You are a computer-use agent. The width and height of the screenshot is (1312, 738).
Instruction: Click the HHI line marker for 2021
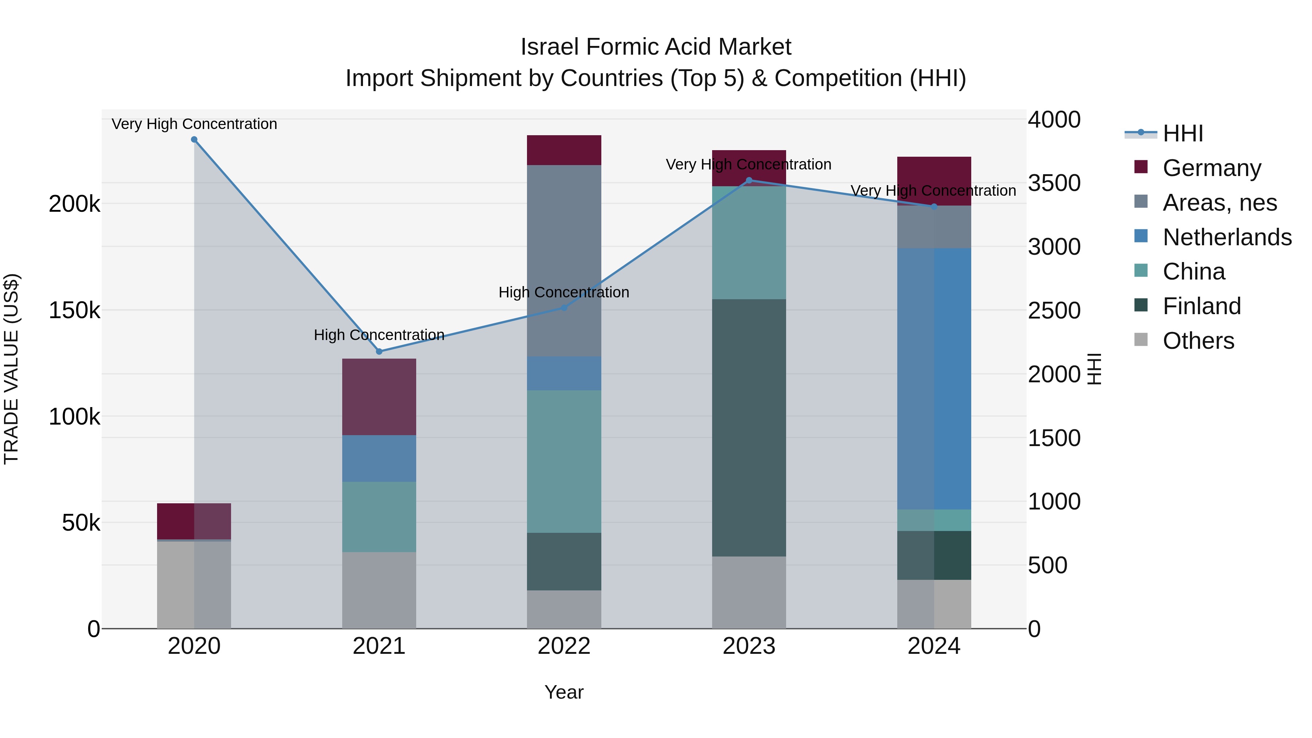[x=379, y=351]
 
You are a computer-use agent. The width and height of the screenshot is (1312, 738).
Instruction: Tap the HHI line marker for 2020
[x=194, y=140]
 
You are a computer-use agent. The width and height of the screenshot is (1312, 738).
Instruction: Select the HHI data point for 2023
[x=749, y=180]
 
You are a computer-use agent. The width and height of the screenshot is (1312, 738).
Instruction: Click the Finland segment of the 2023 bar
[x=749, y=428]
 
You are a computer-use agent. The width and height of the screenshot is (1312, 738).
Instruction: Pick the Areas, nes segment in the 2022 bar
[x=564, y=261]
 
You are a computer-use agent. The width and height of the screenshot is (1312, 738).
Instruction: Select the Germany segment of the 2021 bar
[x=379, y=397]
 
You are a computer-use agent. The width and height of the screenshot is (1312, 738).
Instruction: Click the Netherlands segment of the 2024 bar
[x=934, y=379]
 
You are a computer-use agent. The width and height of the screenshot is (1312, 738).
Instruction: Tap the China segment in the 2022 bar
[x=564, y=461]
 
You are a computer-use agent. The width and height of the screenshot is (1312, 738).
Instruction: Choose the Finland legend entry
[x=1202, y=306]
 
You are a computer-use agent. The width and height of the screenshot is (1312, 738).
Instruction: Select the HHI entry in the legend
[x=1183, y=133]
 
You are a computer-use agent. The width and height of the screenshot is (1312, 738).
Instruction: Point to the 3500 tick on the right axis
[x=1054, y=183]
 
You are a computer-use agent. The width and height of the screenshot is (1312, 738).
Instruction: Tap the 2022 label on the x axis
[x=564, y=646]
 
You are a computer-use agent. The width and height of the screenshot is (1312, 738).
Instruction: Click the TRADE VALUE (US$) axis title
[x=11, y=369]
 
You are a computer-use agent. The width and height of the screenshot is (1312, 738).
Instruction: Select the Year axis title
[x=564, y=692]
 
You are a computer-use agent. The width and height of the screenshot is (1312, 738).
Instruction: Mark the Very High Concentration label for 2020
[x=194, y=124]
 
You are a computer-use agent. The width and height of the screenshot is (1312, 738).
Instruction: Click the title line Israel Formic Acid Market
[x=656, y=47]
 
